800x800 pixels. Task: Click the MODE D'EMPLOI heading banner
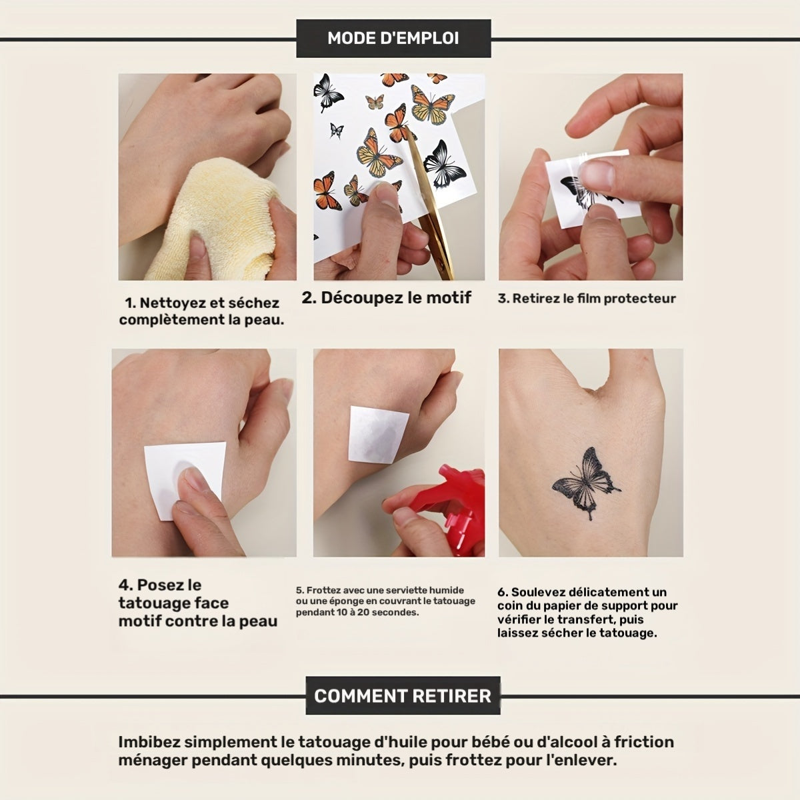point(393,38)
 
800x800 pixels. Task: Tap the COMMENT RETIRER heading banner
point(403,695)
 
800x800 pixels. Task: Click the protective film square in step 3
point(587,189)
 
